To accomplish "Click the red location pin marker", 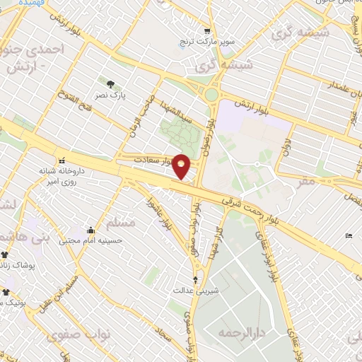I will click(182, 166).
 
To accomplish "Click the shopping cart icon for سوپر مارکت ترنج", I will click(206, 31).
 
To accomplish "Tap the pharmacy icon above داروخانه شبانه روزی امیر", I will click(62, 160).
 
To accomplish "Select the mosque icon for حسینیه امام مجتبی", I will click(90, 230).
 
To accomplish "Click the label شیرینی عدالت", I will click(189, 290).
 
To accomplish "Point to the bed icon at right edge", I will click(349, 236).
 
